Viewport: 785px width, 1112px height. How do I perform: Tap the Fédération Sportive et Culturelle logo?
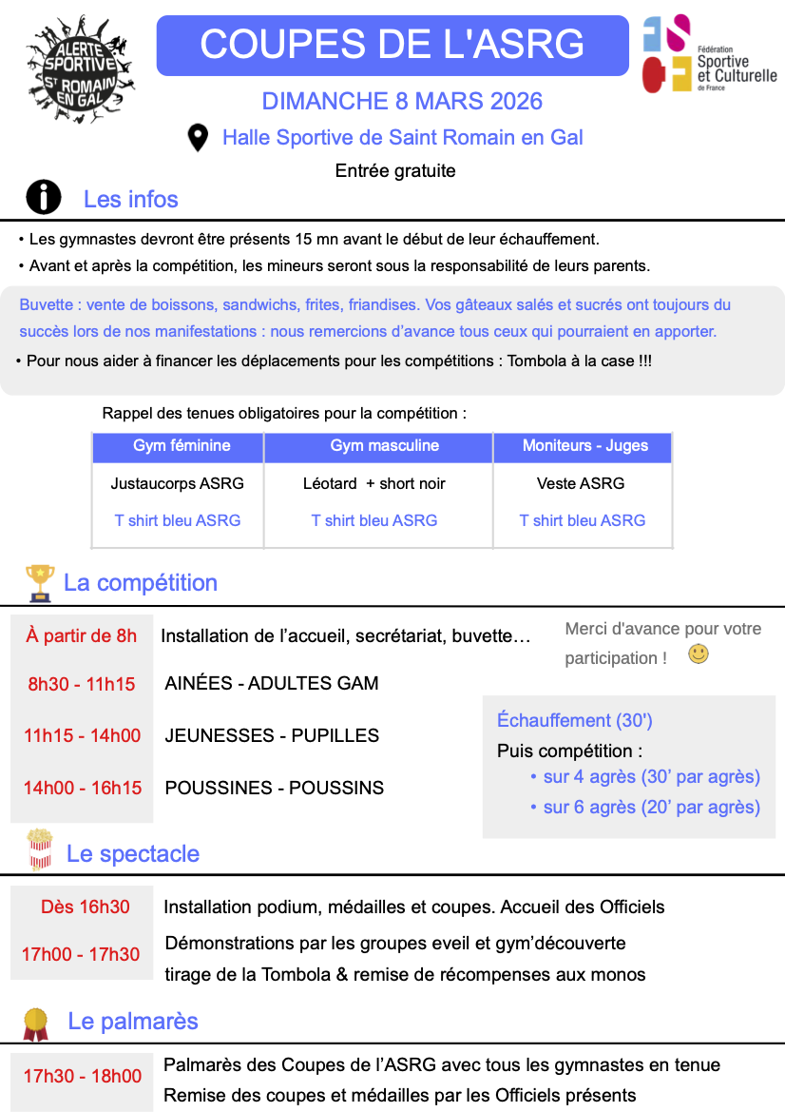pyautogui.click(x=709, y=54)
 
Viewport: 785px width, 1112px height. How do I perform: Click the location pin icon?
pyautogui.click(x=198, y=138)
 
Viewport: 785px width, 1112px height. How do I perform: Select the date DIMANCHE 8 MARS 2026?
pyautogui.click(x=402, y=102)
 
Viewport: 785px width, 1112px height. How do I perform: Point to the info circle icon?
pyautogui.click(x=43, y=198)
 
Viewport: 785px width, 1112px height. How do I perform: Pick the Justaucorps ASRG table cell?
pyautogui.click(x=177, y=483)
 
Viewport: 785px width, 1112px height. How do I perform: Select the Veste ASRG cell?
pyautogui.click(x=581, y=483)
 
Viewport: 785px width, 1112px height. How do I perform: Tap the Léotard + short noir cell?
pyautogui.click(x=373, y=483)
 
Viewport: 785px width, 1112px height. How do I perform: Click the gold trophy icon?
pyautogui.click(x=40, y=582)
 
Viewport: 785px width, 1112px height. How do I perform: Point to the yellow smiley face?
pyautogui.click(x=699, y=654)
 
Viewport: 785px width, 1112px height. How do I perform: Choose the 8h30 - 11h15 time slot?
pyautogui.click(x=81, y=683)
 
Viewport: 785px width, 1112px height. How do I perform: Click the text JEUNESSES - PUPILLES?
pyautogui.click(x=272, y=735)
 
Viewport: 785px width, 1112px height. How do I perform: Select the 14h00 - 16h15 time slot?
pyautogui.click(x=82, y=788)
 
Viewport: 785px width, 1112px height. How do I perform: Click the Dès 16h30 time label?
pyautogui.click(x=86, y=907)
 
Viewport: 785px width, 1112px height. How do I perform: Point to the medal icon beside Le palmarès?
pyautogui.click(x=36, y=1023)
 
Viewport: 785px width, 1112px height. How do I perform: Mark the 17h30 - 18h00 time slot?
pyautogui.click(x=83, y=1076)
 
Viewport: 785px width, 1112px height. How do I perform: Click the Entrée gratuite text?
pyautogui.click(x=395, y=171)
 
